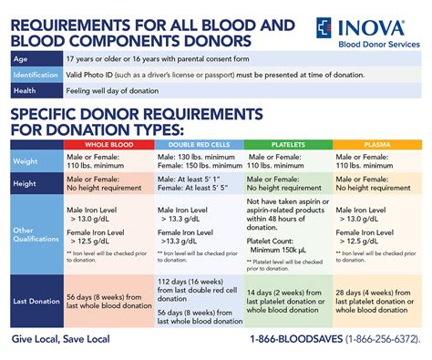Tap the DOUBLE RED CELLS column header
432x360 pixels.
pos(199,145)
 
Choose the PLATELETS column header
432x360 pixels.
pos(288,145)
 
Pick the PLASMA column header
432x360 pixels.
pos(376,145)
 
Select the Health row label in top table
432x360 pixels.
pos(26,91)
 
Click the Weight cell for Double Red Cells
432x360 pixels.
pos(199,160)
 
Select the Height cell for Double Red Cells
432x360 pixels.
pos(199,182)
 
